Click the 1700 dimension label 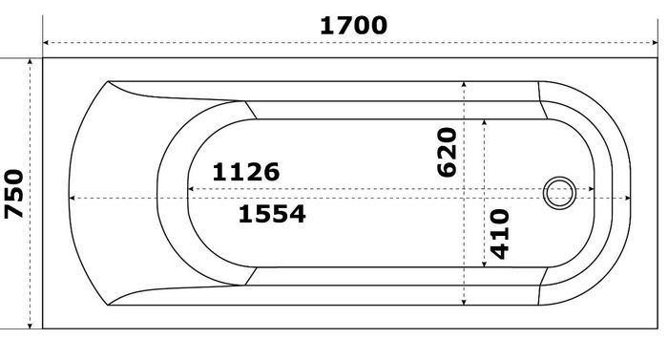[353, 25]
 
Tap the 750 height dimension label [14, 194]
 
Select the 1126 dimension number [246, 172]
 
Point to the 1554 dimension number [272, 214]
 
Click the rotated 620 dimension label [447, 152]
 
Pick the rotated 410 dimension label [499, 234]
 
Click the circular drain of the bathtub [559, 193]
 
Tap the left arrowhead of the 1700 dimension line [46, 43]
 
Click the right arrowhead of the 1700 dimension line [655, 43]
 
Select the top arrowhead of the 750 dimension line [30, 61]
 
